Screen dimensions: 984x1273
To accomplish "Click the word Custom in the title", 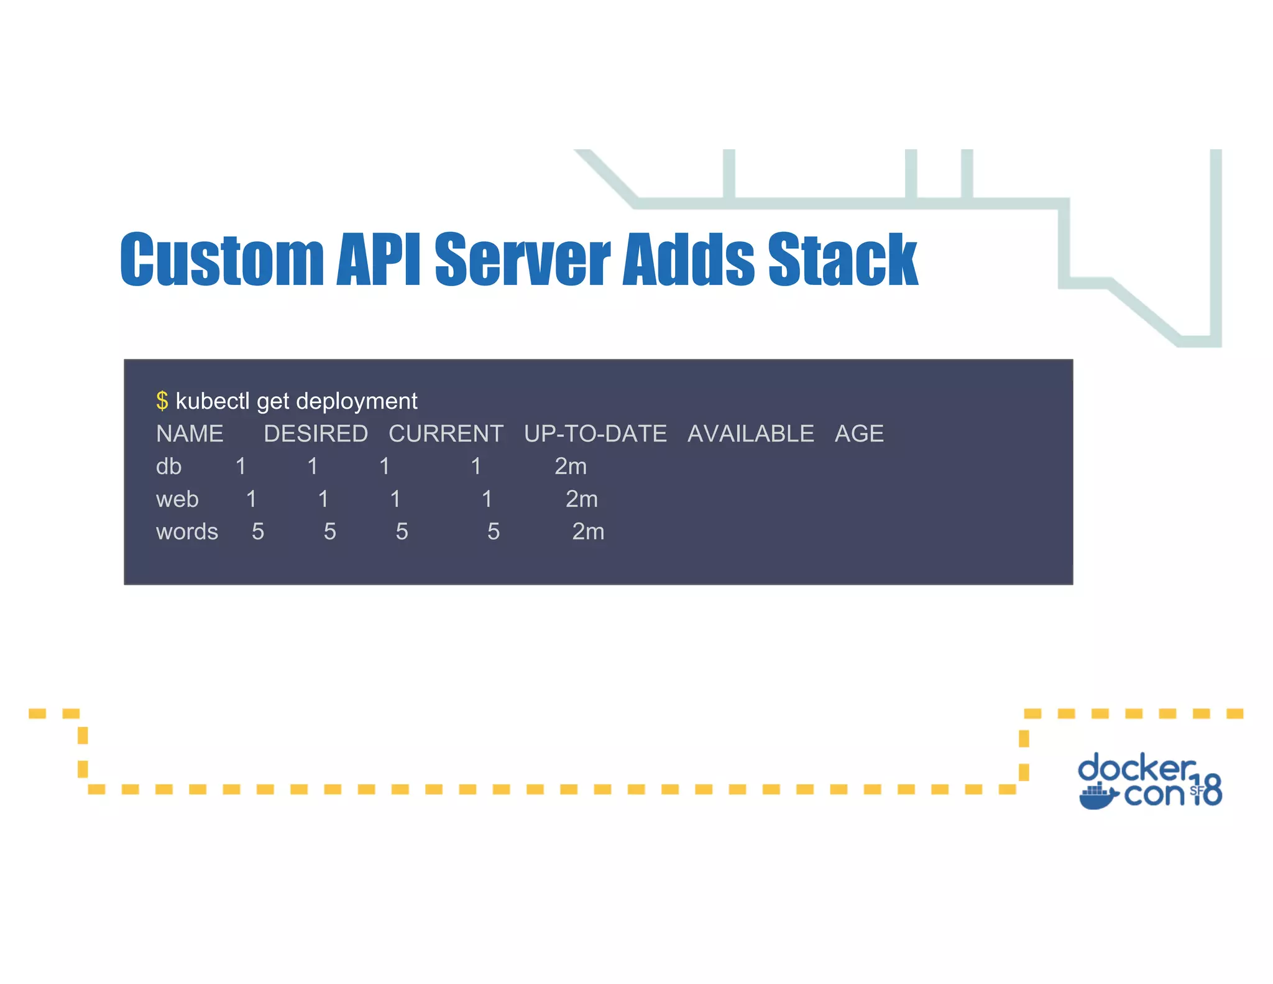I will [x=222, y=259].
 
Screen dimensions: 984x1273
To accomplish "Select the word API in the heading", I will [x=378, y=259].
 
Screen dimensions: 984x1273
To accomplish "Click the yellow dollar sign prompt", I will [x=162, y=401].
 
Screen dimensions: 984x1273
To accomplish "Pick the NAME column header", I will [x=190, y=434].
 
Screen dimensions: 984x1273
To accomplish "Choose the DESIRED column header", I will [x=316, y=434].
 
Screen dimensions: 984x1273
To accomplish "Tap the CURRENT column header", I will [x=446, y=434].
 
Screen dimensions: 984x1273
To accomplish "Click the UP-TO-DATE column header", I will [x=595, y=434].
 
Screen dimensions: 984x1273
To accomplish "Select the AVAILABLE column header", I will [x=750, y=434].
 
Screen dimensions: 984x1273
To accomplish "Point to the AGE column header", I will [x=859, y=434].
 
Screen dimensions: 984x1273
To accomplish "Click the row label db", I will [x=168, y=466].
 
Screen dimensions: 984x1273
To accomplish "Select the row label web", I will [x=177, y=499].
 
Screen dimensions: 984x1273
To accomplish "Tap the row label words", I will [x=186, y=532].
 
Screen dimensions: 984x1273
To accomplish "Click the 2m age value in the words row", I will [x=588, y=532].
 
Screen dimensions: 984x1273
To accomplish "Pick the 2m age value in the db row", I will [x=571, y=466].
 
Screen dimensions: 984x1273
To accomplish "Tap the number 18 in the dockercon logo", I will [x=1208, y=790].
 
